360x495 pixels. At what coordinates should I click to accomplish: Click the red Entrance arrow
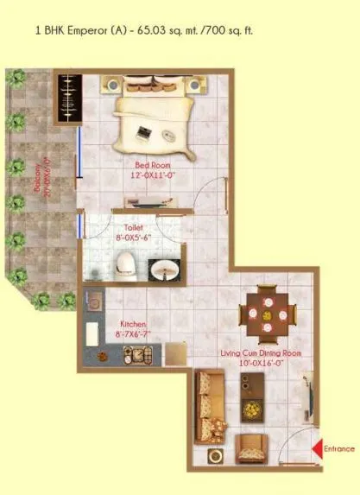pyautogui.click(x=318, y=447)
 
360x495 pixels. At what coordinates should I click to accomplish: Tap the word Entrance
pyautogui.click(x=340, y=448)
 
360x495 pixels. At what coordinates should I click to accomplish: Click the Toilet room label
pyautogui.click(x=132, y=229)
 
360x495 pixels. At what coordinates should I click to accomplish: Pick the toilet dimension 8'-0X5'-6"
pyautogui.click(x=132, y=240)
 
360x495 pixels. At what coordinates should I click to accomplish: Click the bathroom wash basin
pyautogui.click(x=161, y=270)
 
